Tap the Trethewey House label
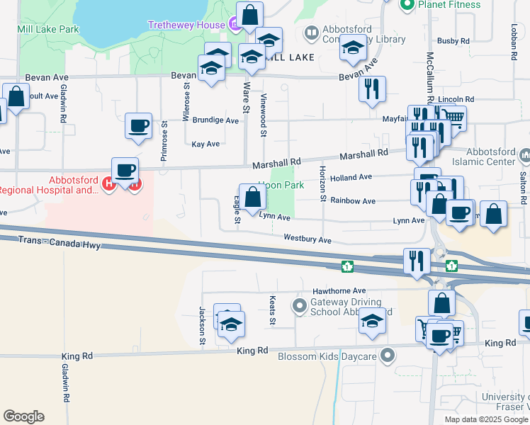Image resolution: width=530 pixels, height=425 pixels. tap(185, 25)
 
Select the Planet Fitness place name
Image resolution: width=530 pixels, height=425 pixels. tap(449, 5)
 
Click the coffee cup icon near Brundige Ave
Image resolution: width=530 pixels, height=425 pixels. tap(138, 127)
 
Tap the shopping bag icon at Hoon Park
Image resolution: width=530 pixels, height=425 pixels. tap(252, 198)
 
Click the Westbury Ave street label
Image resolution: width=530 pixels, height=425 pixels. tap(308, 240)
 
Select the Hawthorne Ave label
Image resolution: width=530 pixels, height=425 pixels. tap(339, 291)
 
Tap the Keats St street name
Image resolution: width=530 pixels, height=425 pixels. tap(272, 312)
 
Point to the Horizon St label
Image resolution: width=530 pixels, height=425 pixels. tap(322, 183)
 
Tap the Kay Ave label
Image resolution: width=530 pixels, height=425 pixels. tap(205, 144)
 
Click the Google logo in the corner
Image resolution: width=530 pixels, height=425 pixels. tap(23, 416)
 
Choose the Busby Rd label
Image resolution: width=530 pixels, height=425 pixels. tap(453, 41)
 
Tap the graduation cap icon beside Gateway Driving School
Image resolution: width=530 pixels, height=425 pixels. tap(372, 320)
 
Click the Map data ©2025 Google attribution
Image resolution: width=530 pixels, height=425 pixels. tap(485, 419)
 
